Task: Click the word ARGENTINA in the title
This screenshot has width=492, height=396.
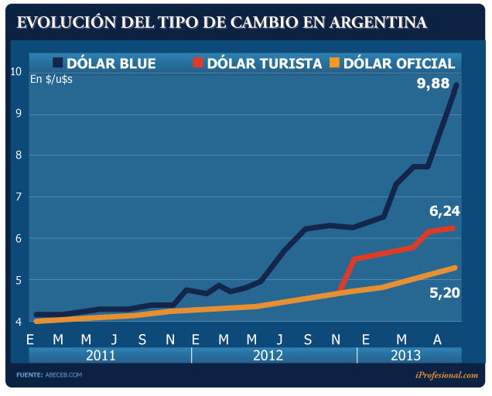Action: point(378,22)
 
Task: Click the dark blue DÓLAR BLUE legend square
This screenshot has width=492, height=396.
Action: point(59,63)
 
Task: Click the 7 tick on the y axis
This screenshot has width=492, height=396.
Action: point(16,196)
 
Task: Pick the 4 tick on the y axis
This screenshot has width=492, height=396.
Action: point(16,321)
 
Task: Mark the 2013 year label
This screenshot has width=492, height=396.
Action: point(406,355)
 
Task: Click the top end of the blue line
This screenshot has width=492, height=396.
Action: point(456,84)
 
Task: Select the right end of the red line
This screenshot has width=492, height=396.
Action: point(453,227)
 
